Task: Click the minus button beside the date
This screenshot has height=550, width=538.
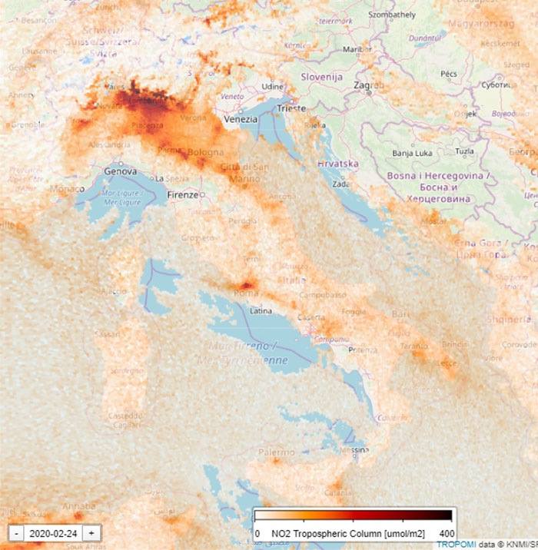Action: tap(16, 532)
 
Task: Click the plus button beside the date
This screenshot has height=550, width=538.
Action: tap(91, 532)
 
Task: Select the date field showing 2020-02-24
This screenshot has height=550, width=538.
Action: tap(53, 532)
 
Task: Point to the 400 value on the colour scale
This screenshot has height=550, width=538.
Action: tap(447, 533)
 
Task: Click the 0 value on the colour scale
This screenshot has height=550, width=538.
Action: tap(257, 533)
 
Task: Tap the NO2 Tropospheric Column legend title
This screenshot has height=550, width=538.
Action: tap(354, 533)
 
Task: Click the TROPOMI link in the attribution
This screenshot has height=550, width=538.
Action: tap(455, 544)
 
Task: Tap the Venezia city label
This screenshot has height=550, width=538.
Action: tap(241, 121)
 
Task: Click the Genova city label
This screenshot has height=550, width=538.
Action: tap(120, 171)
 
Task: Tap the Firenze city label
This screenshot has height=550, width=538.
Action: tap(184, 195)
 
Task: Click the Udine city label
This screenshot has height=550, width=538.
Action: tap(272, 87)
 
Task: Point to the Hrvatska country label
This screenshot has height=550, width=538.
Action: tap(339, 164)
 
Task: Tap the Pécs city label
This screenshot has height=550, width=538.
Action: tap(449, 74)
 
